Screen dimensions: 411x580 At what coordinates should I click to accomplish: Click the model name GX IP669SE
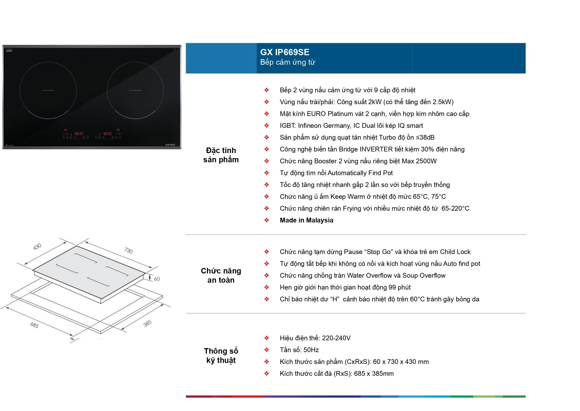click(x=285, y=52)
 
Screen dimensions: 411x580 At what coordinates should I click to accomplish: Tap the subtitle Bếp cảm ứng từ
click(x=288, y=62)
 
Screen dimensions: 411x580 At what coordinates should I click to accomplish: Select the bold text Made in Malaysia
click(x=306, y=220)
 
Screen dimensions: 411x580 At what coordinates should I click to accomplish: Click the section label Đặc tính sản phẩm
click(x=221, y=155)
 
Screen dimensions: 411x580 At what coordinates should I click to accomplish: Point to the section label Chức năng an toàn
click(x=221, y=275)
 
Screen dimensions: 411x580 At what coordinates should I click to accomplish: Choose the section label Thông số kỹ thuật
click(x=221, y=356)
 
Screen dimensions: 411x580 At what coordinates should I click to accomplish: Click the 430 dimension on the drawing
click(x=37, y=247)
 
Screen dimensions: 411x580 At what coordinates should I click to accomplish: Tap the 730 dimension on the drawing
click(x=128, y=250)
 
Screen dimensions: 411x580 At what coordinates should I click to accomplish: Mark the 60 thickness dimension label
click(x=157, y=279)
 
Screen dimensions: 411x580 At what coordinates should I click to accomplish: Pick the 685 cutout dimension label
click(x=34, y=325)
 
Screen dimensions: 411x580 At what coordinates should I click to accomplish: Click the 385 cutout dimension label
click(x=148, y=323)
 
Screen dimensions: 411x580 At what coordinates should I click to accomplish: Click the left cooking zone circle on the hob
click(x=48, y=90)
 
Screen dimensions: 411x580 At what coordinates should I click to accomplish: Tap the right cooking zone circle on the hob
click(x=135, y=90)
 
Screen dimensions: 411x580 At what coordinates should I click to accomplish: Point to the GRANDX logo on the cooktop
click(x=170, y=145)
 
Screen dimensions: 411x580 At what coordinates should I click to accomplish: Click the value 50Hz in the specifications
click(x=311, y=350)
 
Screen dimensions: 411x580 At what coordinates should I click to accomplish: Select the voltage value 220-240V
click(x=336, y=338)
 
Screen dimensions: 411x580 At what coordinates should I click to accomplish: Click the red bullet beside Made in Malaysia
click(x=267, y=220)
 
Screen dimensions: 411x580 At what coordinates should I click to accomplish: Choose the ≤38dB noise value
click(x=425, y=138)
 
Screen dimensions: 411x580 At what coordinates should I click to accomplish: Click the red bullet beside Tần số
click(x=267, y=350)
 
